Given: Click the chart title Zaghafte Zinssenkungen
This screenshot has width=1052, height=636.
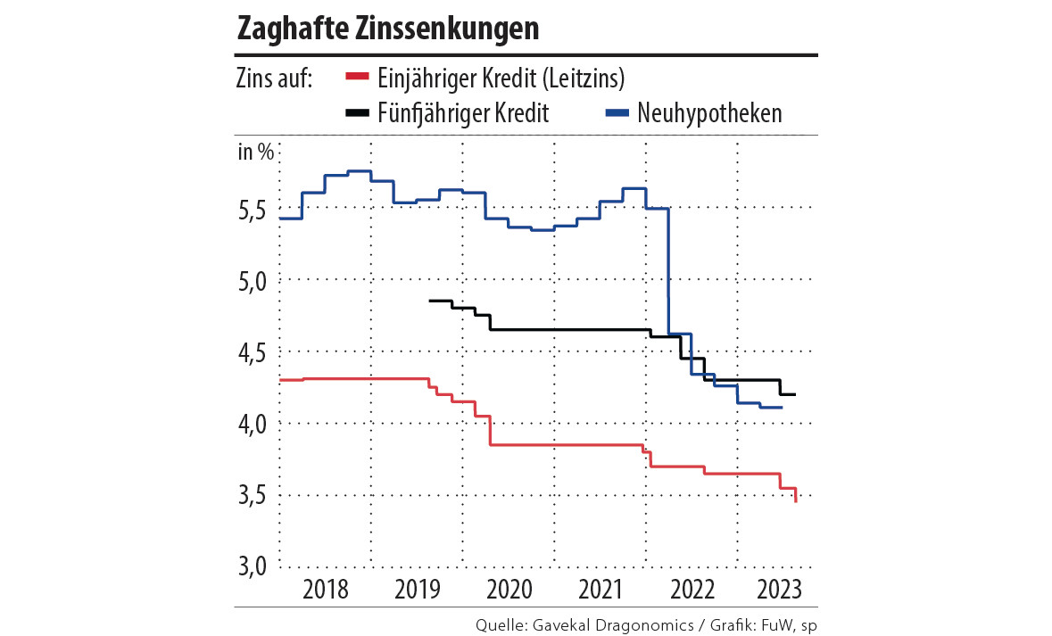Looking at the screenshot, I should pyautogui.click(x=388, y=29).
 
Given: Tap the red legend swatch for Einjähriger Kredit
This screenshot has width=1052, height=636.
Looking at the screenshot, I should pyautogui.click(x=356, y=78).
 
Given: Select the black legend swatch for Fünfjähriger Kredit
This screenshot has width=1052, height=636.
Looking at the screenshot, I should pyautogui.click(x=356, y=113).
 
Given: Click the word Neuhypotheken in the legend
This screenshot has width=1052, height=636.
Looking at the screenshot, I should pyautogui.click(x=709, y=113).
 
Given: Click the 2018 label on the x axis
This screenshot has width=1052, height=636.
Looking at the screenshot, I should pyautogui.click(x=325, y=590).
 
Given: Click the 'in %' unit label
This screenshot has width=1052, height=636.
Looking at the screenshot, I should pyautogui.click(x=256, y=152).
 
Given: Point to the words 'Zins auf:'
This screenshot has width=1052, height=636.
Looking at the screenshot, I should pyautogui.click(x=274, y=78).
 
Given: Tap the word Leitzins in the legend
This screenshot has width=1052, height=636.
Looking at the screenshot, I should pyautogui.click(x=581, y=78).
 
